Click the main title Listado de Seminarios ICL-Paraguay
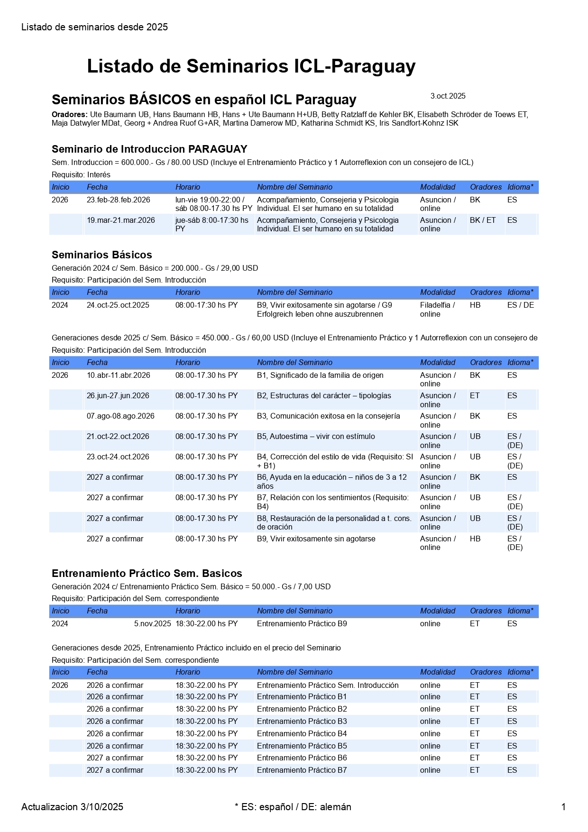pos(251,66)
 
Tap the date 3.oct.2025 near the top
pos(448,96)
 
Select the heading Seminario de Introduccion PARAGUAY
pos(149,149)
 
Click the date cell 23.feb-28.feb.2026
pos(118,200)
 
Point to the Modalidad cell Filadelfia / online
pos(437,310)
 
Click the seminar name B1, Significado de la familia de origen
pos(320,375)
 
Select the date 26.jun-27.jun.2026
pos(118,396)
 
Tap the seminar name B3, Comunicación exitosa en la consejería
pos(328,416)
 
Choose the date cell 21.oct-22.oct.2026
pos(118,437)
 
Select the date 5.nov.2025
pos(152,624)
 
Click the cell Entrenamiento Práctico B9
pos(302,624)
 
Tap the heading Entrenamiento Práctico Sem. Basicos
pos(147,574)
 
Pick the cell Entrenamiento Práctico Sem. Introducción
pos(328,686)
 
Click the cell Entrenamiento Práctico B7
pos(302,770)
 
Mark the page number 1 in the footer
pos(563,807)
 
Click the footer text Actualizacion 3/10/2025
pos(72,807)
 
